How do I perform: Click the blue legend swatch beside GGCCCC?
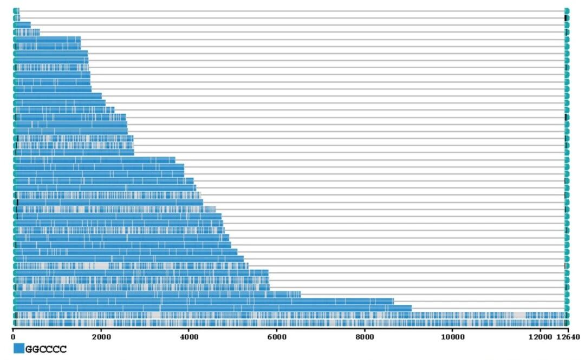[18, 349]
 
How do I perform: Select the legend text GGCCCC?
[46, 349]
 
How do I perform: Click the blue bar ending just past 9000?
[217, 309]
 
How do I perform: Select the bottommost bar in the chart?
[271, 323]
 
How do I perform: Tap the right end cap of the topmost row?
[567, 11]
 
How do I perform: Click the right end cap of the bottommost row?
[567, 323]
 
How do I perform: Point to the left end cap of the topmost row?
[15, 11]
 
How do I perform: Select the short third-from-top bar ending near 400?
[23, 25]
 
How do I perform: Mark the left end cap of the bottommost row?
[15, 323]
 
